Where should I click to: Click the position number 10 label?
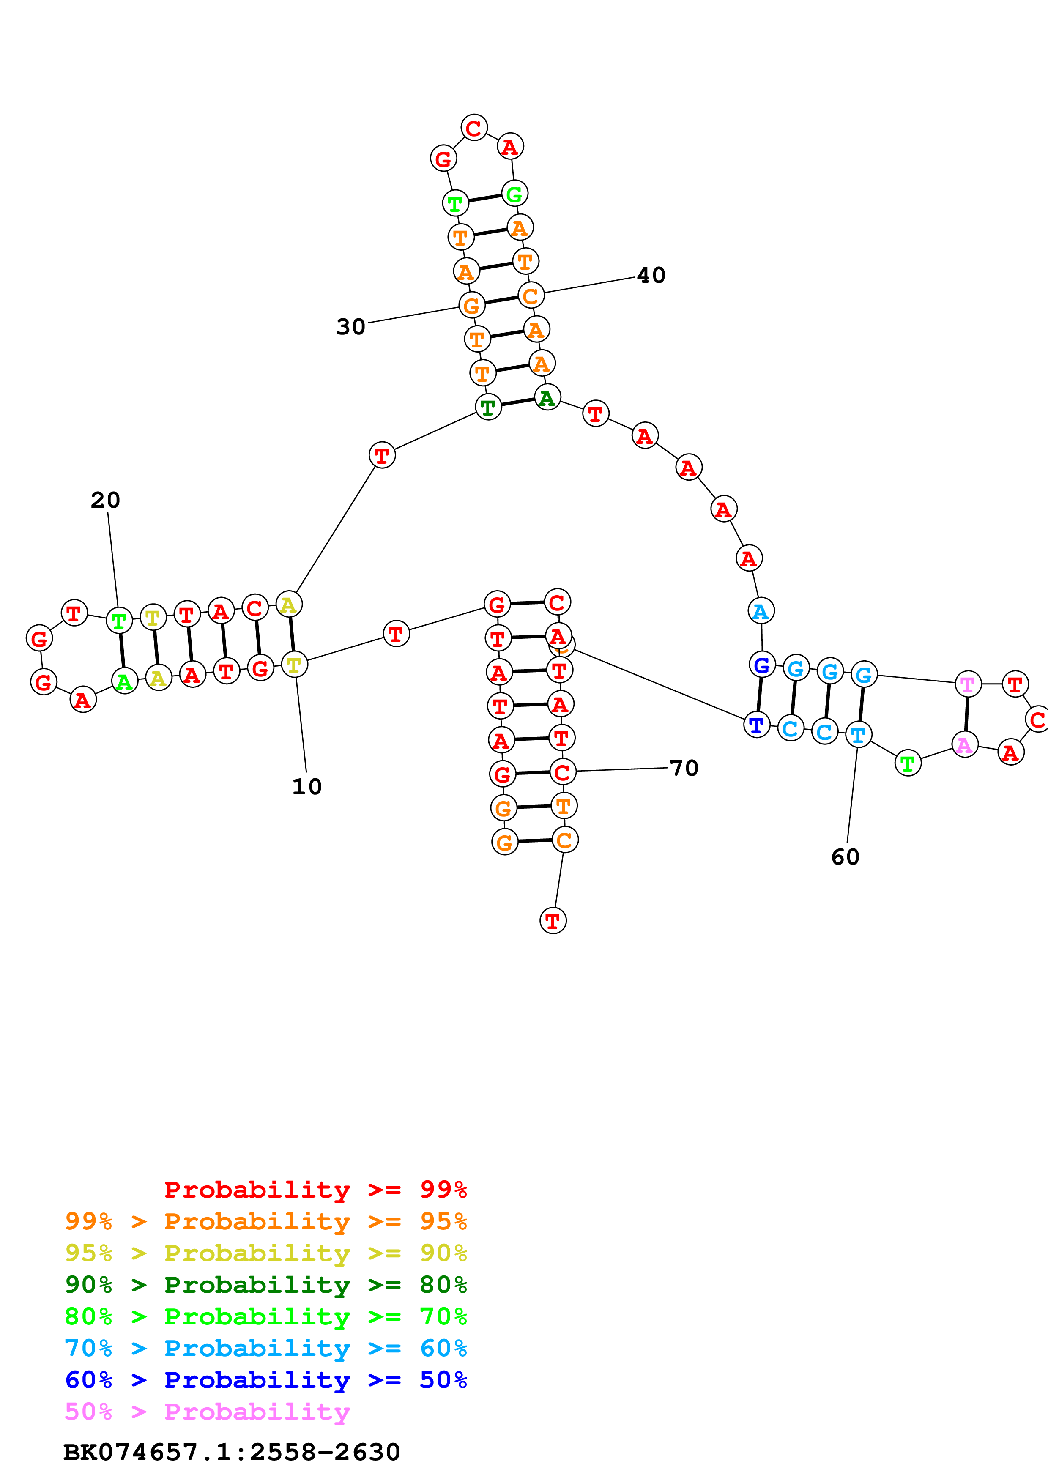(307, 787)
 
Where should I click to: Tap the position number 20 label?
(105, 500)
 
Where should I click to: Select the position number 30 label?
(350, 327)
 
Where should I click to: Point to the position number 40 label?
(651, 275)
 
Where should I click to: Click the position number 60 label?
(845, 857)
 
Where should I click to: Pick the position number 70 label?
(684, 768)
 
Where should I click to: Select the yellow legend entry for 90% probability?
(265, 1253)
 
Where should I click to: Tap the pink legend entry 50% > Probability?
(207, 1411)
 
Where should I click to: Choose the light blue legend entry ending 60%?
(265, 1348)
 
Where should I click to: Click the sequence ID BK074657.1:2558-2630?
(232, 1452)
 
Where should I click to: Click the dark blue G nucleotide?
(762, 664)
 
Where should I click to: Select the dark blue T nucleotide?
(757, 725)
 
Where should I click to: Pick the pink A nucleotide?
(965, 745)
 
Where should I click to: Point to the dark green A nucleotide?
(547, 397)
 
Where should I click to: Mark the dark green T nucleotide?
(488, 407)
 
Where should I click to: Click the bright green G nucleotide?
(514, 193)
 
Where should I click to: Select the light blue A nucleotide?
(761, 610)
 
